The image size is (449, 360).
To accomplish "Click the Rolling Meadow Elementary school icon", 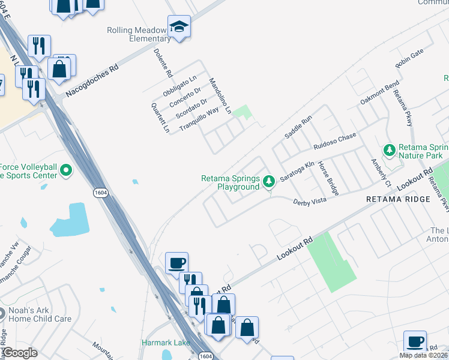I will point(179,27).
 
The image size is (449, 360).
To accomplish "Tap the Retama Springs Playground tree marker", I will point(270,181).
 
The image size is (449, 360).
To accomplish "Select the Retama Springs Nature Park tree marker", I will point(390,149).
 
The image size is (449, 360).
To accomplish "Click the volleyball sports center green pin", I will point(66,171).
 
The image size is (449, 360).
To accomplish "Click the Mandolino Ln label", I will point(220,96).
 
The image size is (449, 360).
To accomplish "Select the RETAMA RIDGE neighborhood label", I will point(398,199).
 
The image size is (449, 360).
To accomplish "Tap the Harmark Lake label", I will point(166,343).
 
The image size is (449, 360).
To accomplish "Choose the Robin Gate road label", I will point(409,58).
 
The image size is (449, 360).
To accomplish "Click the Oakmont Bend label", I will point(379,92).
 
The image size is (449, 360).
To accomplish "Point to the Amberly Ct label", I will point(381,172).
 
